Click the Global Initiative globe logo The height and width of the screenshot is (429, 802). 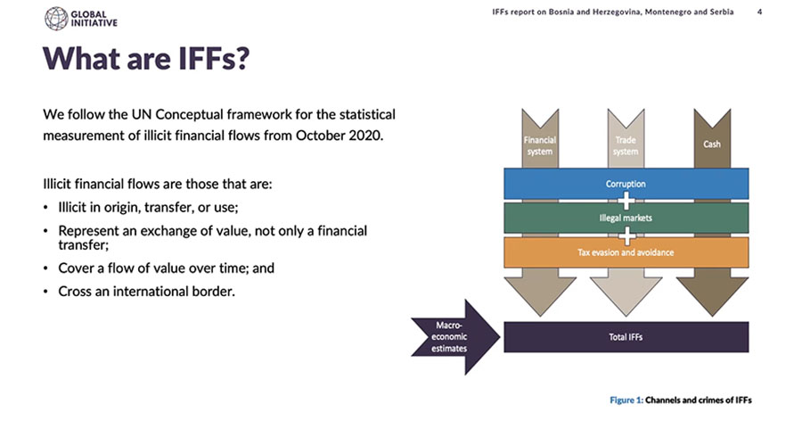click(x=56, y=19)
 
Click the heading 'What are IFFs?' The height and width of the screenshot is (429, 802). click(x=146, y=58)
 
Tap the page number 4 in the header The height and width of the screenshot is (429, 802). click(x=759, y=12)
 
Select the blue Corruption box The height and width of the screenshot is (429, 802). click(x=626, y=183)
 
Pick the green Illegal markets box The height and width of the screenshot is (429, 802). click(x=626, y=219)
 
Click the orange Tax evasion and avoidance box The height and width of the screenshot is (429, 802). click(x=626, y=252)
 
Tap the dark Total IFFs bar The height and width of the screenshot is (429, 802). click(x=626, y=337)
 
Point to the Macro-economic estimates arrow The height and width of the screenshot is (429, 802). click(x=454, y=337)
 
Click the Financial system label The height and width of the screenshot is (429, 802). click(x=540, y=145)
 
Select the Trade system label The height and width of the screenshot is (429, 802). click(x=626, y=145)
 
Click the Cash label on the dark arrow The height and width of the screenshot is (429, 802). click(x=711, y=144)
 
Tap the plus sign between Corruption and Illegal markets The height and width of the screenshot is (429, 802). click(x=626, y=201)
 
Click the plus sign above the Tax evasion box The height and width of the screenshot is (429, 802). click(x=626, y=235)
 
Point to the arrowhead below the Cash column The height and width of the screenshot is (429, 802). click(x=712, y=296)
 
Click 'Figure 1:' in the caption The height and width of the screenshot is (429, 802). click(x=626, y=400)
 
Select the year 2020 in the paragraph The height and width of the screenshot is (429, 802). click(x=365, y=136)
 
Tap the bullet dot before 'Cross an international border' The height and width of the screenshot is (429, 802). click(x=46, y=292)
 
